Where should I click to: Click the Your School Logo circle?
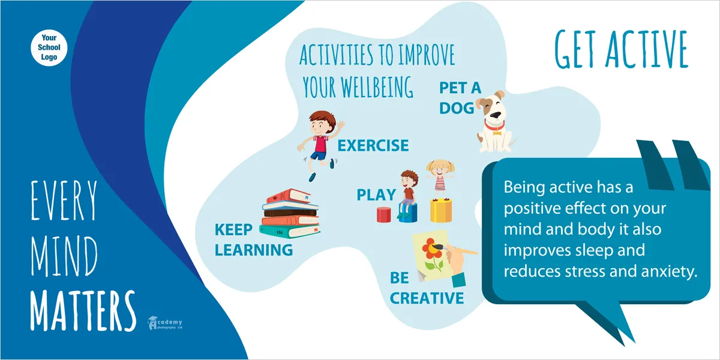[x=49, y=47]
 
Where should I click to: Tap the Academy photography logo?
[x=165, y=323]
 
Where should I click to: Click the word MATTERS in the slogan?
[x=83, y=310]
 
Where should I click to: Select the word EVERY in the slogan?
[x=64, y=200]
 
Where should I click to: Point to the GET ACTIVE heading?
[x=621, y=49]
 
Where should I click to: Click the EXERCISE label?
[x=373, y=146]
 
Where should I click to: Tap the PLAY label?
[x=376, y=195]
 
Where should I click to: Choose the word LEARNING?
[x=254, y=250]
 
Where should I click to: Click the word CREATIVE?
[x=427, y=298]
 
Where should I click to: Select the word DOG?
[x=457, y=108]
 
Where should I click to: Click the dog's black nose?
[x=496, y=115]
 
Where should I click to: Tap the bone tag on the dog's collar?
[x=497, y=132]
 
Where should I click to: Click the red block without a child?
[x=384, y=215]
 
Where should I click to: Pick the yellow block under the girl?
[x=441, y=211]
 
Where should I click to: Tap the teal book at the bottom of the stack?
[x=290, y=231]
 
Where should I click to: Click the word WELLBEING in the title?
[x=377, y=87]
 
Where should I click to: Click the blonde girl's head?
[x=440, y=169]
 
